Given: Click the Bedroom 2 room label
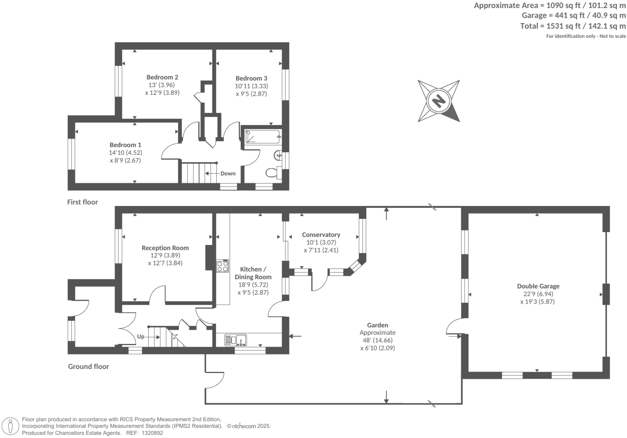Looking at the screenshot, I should [x=162, y=77].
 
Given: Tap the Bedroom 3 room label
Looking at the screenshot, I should [x=251, y=78].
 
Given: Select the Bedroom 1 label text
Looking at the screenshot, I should [x=125, y=145].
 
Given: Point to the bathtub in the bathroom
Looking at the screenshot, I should [x=262, y=137].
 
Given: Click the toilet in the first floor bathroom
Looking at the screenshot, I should [x=272, y=173].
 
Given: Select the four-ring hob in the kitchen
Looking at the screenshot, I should [x=222, y=266].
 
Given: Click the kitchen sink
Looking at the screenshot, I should [x=236, y=340].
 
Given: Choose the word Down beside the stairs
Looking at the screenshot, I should [x=228, y=174].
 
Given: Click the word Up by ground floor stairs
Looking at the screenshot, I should [x=140, y=336].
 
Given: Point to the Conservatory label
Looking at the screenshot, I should [x=321, y=235].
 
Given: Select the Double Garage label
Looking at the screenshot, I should [x=538, y=286].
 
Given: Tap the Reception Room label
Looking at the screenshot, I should [x=165, y=248].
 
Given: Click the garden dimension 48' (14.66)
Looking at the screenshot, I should [x=377, y=340].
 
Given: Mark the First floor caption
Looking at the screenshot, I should [x=82, y=202].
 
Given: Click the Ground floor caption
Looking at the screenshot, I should [x=88, y=367].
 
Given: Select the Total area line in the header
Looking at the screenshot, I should [x=573, y=26].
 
